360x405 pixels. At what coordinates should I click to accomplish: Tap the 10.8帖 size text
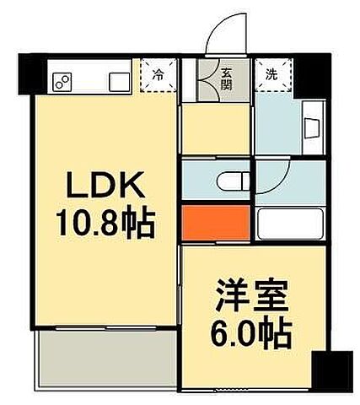[x=105, y=223]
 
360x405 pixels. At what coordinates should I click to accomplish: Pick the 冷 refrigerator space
[x=158, y=74]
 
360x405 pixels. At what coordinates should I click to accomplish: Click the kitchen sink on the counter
[x=117, y=81]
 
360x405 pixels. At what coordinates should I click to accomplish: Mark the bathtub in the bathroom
[x=290, y=225]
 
